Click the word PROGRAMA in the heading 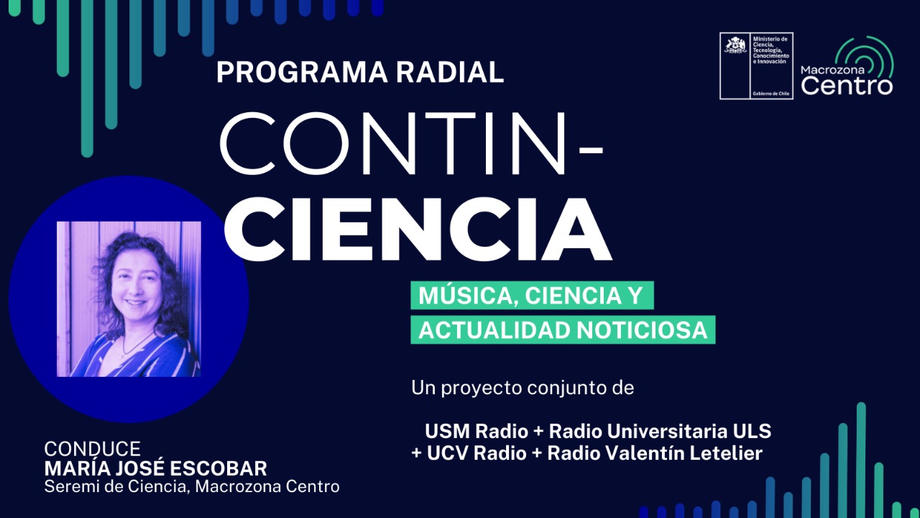click(x=302, y=73)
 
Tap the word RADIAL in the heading click(x=450, y=73)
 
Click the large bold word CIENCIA click(x=418, y=229)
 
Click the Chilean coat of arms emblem click(x=735, y=45)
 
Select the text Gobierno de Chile click(x=771, y=94)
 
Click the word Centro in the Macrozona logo click(x=847, y=86)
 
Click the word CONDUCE click(x=93, y=450)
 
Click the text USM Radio click(x=477, y=431)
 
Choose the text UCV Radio click(x=477, y=453)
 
